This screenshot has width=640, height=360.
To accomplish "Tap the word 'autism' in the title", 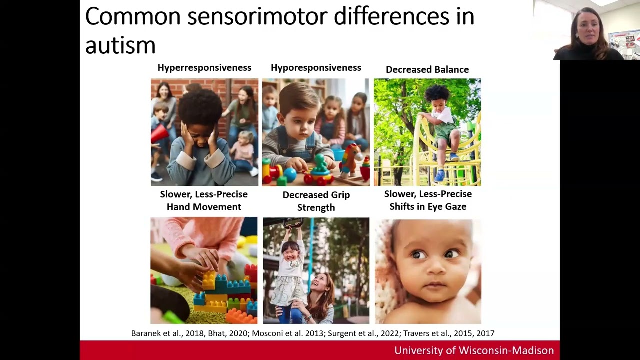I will [x=120, y=45].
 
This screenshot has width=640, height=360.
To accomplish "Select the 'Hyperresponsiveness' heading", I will [x=204, y=68].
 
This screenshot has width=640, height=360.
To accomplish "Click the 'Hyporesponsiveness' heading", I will [x=316, y=68].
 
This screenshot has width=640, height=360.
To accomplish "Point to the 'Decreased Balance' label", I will [x=427, y=70].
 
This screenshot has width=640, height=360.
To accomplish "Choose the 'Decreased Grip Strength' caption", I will [x=316, y=201].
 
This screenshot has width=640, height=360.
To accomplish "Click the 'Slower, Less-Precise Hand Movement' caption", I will [x=204, y=200].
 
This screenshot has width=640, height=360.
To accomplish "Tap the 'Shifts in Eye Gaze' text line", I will [x=428, y=207].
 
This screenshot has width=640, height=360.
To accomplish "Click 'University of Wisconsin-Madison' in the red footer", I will [x=474, y=350].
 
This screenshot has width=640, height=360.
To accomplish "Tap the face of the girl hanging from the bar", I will [x=290, y=248].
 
